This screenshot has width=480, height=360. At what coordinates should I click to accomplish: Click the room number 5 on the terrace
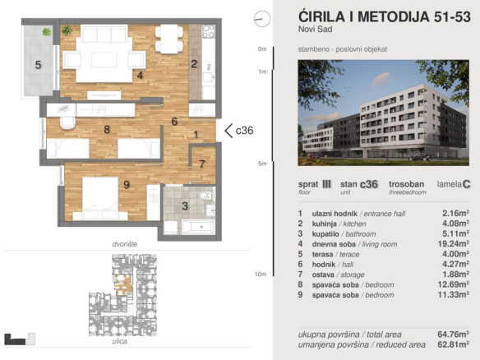(x=38, y=65)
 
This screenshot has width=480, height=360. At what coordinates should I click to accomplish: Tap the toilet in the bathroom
(x=205, y=195)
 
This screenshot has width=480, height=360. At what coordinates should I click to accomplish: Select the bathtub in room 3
(x=198, y=227)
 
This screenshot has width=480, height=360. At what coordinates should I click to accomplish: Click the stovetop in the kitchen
(x=208, y=31)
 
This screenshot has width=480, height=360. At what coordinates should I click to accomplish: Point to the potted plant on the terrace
(x=47, y=31)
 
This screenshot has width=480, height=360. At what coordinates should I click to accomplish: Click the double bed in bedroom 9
(x=100, y=198)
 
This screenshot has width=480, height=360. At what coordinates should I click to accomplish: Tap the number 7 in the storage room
(x=202, y=164)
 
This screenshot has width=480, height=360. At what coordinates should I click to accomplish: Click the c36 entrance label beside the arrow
(x=245, y=131)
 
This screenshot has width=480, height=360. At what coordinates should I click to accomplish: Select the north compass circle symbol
(x=262, y=19)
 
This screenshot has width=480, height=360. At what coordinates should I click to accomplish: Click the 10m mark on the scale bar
(x=261, y=275)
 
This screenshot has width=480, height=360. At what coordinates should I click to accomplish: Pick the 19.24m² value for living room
(x=454, y=243)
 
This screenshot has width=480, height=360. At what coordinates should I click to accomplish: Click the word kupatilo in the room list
(x=325, y=234)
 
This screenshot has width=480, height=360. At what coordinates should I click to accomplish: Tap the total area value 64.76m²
(x=454, y=334)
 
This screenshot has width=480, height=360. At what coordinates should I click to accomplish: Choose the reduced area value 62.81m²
(x=454, y=344)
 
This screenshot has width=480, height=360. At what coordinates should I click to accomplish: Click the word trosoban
(x=407, y=184)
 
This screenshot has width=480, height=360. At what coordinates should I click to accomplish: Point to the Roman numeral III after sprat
(x=326, y=184)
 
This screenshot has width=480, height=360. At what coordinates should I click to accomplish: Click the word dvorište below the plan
(x=125, y=244)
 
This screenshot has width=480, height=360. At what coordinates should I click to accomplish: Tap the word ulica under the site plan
(x=120, y=341)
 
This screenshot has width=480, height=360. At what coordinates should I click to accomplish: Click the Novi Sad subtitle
(x=316, y=30)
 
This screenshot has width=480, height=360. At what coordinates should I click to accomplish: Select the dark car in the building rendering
(x=421, y=157)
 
